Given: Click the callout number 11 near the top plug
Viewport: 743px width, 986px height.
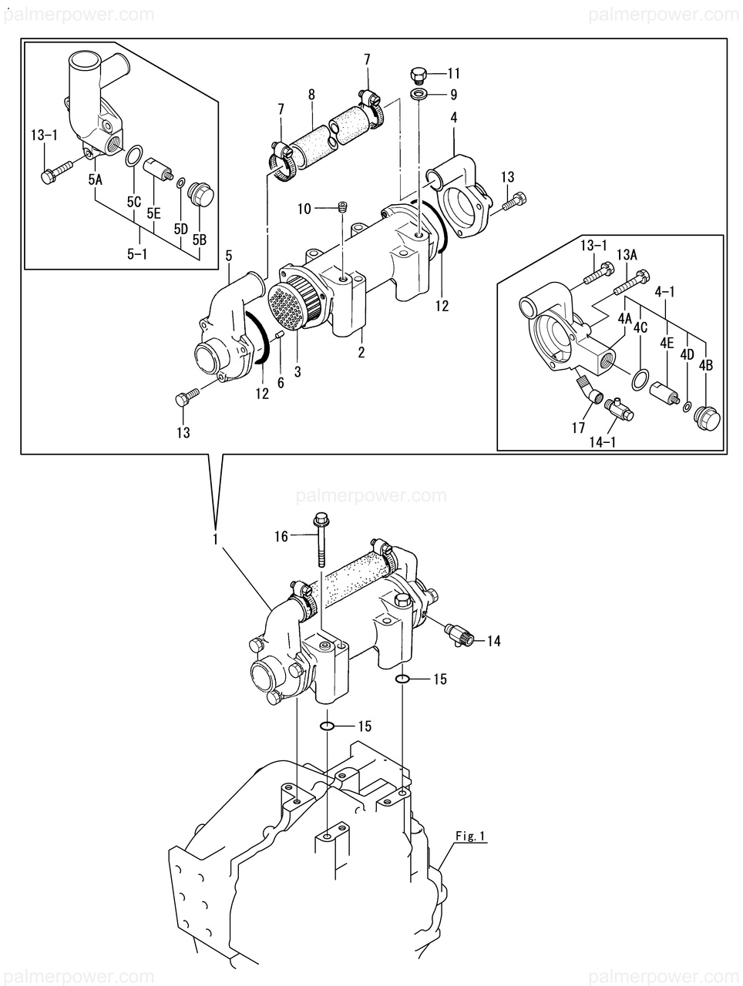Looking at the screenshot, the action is point(453,72).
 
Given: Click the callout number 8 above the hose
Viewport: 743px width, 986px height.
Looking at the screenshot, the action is point(311,95).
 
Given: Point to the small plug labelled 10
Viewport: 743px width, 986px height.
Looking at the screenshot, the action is point(342,207).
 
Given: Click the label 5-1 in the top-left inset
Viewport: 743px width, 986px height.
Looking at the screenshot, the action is point(137,255).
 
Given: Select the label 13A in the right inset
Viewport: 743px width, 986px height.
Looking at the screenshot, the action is point(627,255).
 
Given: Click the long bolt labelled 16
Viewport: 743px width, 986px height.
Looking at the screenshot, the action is point(320,542).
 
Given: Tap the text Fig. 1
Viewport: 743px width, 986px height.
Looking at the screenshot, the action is point(469,836).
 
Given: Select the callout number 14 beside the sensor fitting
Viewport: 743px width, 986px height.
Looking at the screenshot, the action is point(493,641).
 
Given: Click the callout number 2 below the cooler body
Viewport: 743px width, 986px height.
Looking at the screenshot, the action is point(361,352).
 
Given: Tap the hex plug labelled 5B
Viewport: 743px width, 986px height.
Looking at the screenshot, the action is point(202,194).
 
